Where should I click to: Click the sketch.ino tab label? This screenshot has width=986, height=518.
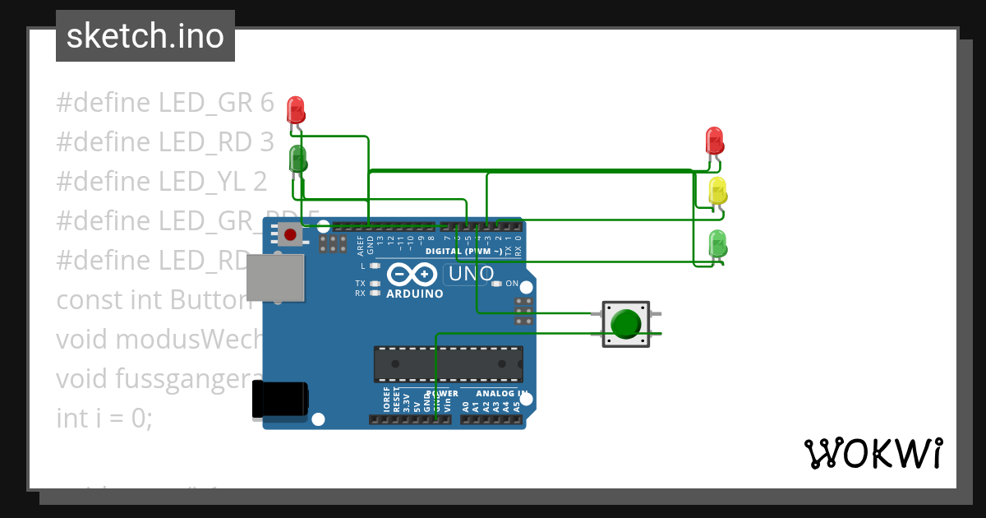[145, 36]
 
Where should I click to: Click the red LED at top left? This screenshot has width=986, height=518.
[295, 109]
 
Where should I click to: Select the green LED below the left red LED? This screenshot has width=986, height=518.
[297, 158]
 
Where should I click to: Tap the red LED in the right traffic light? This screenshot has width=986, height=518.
[715, 141]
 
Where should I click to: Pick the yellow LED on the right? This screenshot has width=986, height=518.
[717, 191]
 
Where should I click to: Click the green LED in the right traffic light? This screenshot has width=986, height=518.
[717, 243]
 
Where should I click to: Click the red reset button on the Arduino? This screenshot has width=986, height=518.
[289, 236]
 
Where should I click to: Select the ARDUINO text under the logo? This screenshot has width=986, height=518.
[415, 294]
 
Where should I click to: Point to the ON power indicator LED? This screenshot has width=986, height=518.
[496, 284]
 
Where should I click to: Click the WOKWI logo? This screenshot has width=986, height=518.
[873, 453]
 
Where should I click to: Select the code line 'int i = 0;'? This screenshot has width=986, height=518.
[104, 418]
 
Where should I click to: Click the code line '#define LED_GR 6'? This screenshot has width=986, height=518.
[164, 103]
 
